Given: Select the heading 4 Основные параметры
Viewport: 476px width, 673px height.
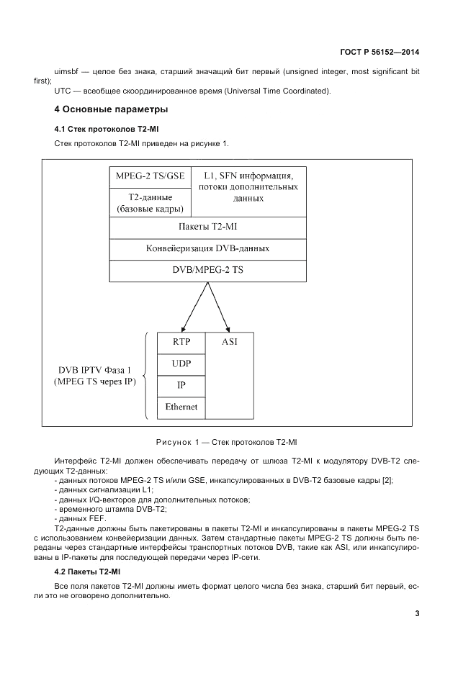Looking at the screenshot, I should point(111,110).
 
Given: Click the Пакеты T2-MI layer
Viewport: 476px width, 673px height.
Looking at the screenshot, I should point(201,227).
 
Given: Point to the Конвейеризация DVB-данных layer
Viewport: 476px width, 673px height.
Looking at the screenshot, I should point(201,248).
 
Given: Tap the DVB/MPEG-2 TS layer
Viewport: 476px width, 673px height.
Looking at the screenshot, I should point(201,270).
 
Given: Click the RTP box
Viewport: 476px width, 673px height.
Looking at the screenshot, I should point(181,343).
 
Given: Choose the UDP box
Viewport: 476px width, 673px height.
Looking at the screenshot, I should point(181,363).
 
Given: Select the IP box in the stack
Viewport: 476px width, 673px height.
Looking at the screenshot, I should point(181,385).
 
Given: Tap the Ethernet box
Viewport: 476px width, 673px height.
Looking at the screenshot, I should point(181,407).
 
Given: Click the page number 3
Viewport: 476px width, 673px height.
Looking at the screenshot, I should point(417,613).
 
